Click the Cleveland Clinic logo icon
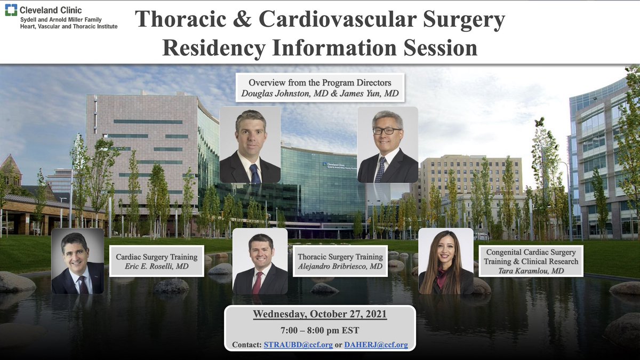(11, 10)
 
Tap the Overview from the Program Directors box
(320, 87)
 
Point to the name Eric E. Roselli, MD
(157, 266)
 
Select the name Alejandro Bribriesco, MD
(340, 266)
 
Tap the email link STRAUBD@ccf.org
(298, 345)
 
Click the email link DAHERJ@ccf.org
(375, 345)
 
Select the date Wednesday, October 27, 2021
(320, 314)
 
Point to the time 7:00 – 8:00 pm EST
(320, 330)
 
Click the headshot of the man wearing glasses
(388, 145)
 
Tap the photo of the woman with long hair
(446, 261)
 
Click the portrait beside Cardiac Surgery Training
(78, 261)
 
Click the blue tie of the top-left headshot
(255, 173)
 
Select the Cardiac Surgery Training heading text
(157, 257)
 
